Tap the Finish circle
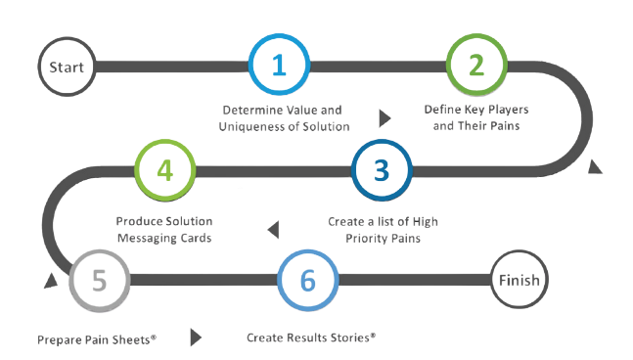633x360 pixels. click(518, 281)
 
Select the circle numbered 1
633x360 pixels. click(278, 67)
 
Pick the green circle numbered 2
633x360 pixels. click(476, 67)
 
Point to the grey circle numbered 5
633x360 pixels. click(99, 281)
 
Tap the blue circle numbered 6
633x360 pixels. click(307, 281)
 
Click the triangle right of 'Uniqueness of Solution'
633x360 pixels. click(384, 118)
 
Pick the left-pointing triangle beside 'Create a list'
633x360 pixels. click(272, 229)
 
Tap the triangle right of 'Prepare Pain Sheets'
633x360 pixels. click(196, 337)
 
